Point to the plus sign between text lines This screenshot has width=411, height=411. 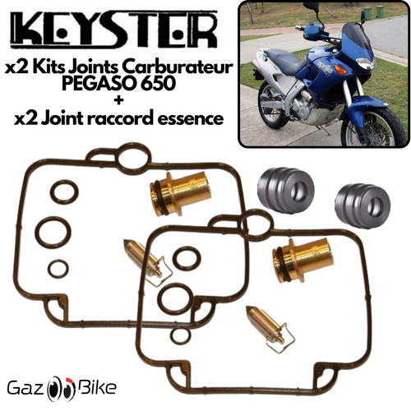coord(119,100)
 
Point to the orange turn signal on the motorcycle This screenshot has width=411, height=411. coord(341,69)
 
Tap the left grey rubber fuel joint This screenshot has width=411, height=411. coord(285,189)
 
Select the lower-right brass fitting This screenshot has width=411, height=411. coord(302,259)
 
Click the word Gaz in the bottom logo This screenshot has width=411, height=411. coord(26,388)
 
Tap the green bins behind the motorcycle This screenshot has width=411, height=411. coord(373,13)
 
